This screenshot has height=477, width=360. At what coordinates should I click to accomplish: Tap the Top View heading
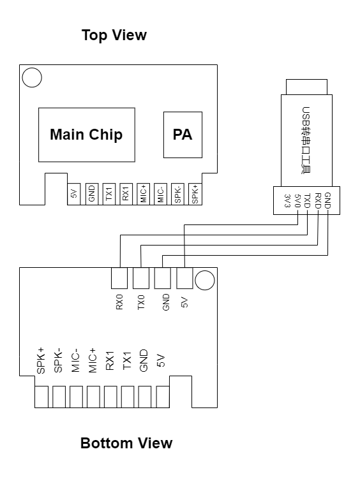tap(114, 35)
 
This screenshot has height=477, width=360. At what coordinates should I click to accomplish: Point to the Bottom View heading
tap(126, 443)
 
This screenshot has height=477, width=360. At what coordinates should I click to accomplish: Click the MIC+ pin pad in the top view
tap(143, 194)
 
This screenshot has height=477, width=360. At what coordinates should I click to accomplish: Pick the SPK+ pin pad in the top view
tap(195, 194)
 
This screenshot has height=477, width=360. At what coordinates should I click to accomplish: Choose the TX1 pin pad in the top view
tap(109, 194)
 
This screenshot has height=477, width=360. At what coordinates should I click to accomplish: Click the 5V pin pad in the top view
tap(74, 194)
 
